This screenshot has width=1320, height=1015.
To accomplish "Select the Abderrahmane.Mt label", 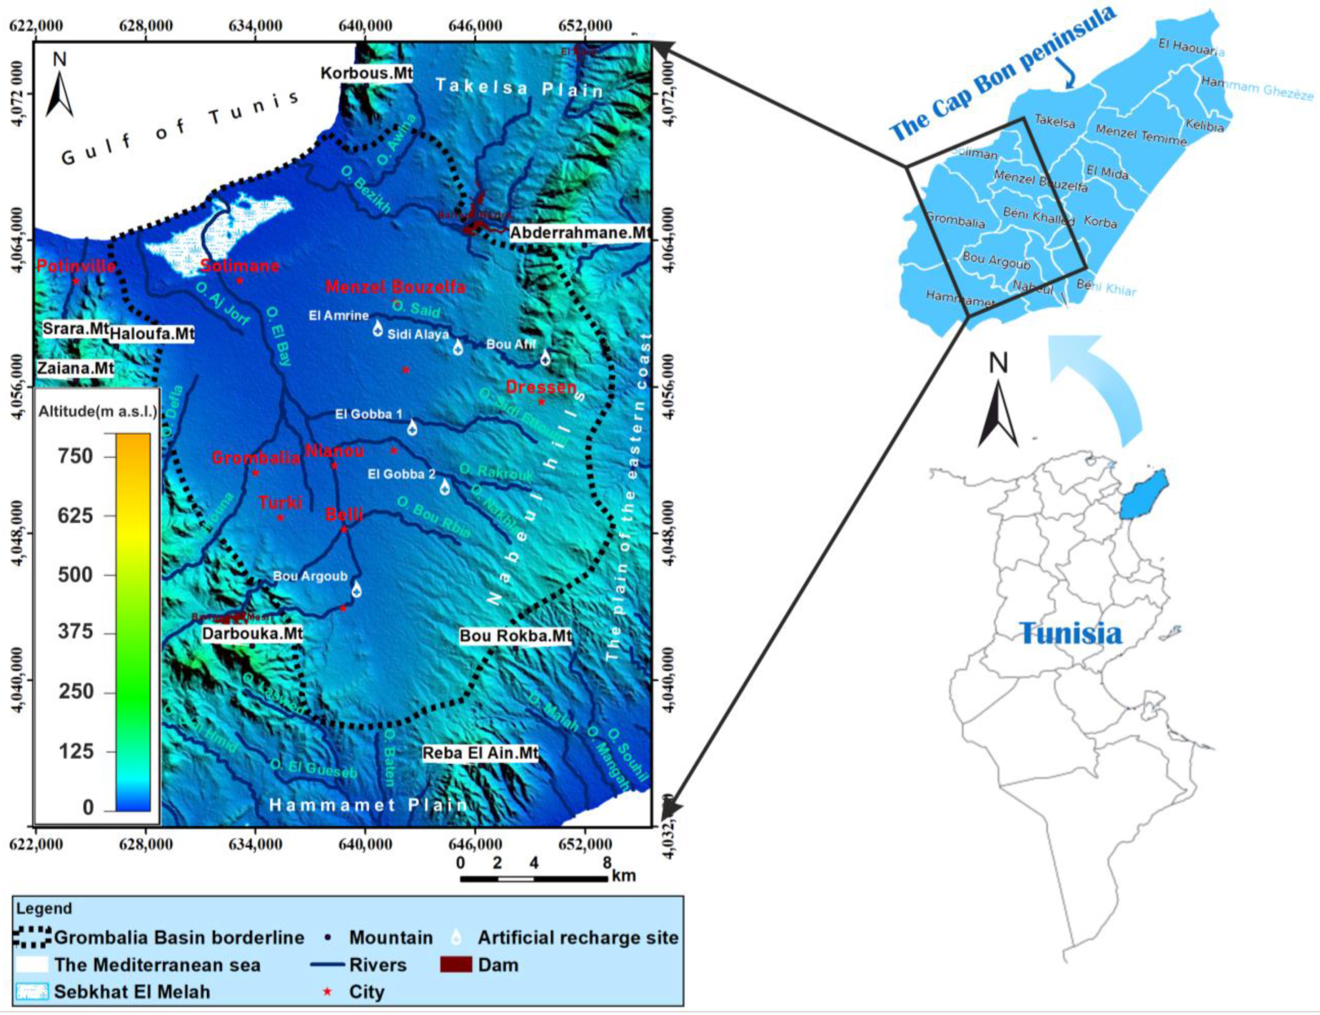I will pyautogui.click(x=580, y=233).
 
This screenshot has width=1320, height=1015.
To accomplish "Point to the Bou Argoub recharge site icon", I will pyautogui.click(x=356, y=589).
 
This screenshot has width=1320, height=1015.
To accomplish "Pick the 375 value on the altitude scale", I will pyautogui.click(x=75, y=632).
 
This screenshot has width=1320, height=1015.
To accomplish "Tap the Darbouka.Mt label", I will pyautogui.click(x=252, y=633).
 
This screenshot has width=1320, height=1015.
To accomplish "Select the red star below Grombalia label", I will pyautogui.click(x=255, y=473).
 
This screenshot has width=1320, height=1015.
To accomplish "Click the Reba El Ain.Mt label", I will pyautogui.click(x=480, y=753).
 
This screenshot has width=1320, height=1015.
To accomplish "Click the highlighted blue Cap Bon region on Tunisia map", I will pyautogui.click(x=1144, y=494).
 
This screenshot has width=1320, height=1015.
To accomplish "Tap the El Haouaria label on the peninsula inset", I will pyautogui.click(x=1190, y=46).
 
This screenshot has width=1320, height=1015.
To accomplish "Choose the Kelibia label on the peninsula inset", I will pyautogui.click(x=1204, y=126).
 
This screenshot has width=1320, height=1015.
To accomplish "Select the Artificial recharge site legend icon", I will pyautogui.click(x=457, y=937).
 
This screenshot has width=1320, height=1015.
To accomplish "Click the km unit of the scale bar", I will pyautogui.click(x=624, y=876).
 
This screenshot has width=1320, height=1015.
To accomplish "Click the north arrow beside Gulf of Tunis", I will pyautogui.click(x=60, y=88).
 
